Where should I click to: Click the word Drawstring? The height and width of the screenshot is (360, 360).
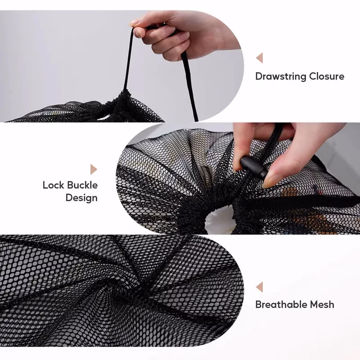(281, 76)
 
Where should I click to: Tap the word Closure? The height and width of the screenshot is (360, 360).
(327, 76)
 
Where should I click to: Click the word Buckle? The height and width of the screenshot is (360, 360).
(82, 185)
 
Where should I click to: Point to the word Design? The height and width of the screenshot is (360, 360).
(81, 198)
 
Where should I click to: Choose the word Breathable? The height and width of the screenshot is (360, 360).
(280, 305)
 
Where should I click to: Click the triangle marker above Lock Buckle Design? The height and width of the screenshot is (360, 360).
(94, 169)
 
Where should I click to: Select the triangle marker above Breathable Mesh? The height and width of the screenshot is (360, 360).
(259, 287)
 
